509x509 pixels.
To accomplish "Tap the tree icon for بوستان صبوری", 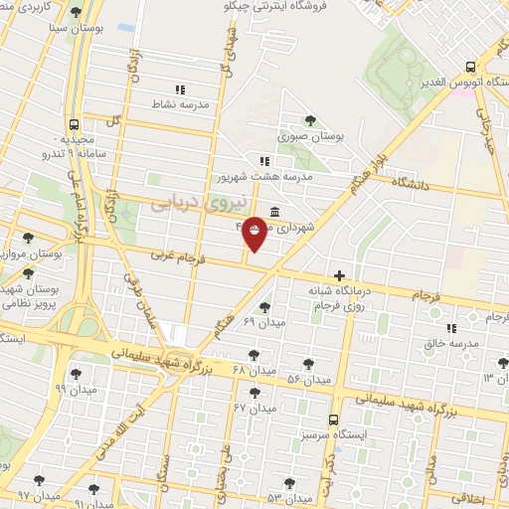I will click(311, 121).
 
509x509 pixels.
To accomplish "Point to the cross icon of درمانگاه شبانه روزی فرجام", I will click(340, 275).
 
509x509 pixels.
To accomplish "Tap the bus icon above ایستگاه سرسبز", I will click(333, 420).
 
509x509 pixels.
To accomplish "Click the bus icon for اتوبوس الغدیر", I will click(470, 67).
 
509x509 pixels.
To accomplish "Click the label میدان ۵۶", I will click(308, 380).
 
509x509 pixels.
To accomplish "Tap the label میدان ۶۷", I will click(254, 408).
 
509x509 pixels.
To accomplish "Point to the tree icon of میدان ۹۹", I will click(76, 374).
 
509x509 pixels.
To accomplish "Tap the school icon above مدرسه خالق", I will click(450, 327).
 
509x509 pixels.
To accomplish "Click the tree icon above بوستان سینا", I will click(77, 13).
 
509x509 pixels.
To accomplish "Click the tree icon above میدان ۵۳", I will click(289, 483).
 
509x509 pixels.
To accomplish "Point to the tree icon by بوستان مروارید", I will click(27, 239).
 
